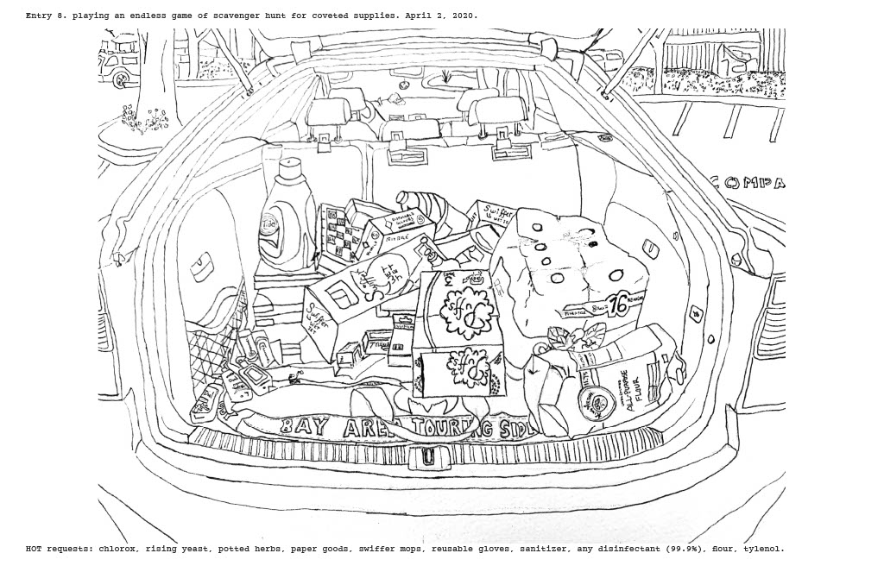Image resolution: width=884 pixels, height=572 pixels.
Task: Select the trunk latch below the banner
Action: (427, 457)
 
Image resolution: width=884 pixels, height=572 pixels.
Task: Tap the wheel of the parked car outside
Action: (121, 79)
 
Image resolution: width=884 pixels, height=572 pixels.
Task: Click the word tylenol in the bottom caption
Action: (762, 549)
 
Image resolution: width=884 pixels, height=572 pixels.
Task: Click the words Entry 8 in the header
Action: (46, 16)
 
